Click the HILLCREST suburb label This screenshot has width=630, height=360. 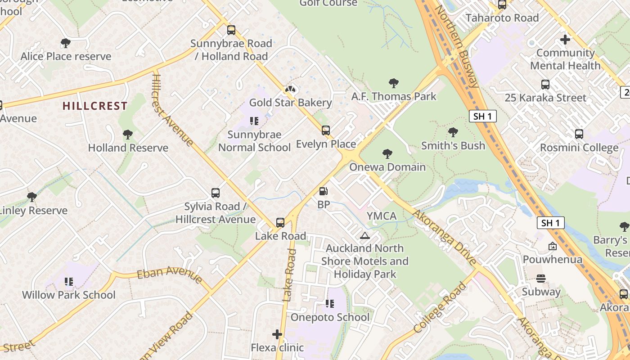pos(95,106)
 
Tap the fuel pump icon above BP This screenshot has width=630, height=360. pos(323,191)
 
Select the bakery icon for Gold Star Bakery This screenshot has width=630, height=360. pos(291,90)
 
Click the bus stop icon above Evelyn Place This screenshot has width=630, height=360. pos(326,131)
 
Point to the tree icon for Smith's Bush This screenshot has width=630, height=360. pos(453,132)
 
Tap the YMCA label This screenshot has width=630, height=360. pos(382,216)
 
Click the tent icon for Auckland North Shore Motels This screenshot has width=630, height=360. pos(365,235)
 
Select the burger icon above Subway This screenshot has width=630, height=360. pos(541,279)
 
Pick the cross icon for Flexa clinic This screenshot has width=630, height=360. pos(277,334)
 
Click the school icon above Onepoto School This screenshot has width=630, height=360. pos(330,304)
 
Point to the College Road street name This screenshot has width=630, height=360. pos(440,308)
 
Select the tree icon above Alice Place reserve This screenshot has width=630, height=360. pos(66,43)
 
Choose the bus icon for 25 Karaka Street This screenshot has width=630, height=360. pos(545,85)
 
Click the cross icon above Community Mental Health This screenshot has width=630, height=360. pos(565,40)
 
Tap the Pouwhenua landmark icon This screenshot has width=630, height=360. pos(552,246)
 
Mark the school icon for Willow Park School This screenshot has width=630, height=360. pos(69,282)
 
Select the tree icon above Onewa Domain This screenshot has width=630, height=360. pos(387,154)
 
